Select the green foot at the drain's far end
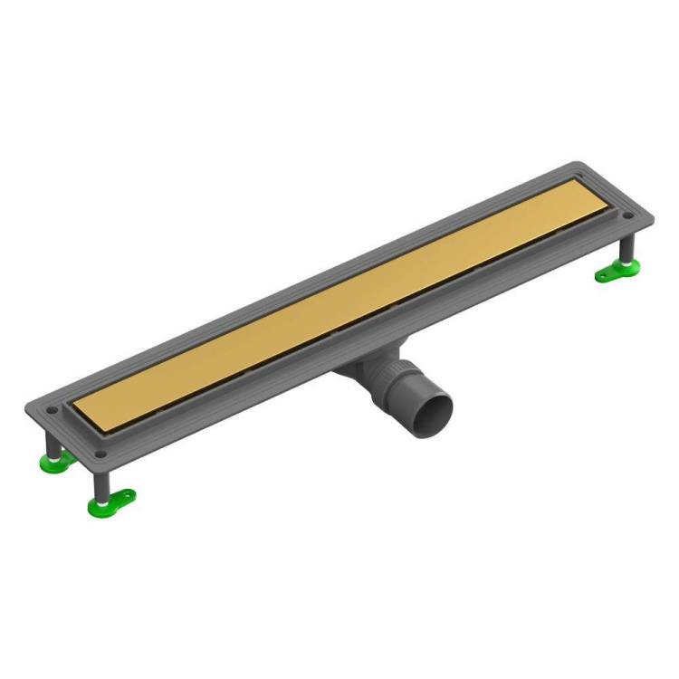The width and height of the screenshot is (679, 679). tap(618, 269)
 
